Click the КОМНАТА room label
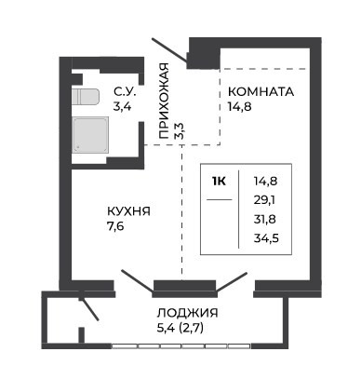[x=261, y=92]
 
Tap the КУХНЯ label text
[x=128, y=211]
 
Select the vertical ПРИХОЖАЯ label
[x=164, y=101]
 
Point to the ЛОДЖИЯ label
[x=187, y=313]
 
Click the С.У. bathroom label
[x=125, y=92]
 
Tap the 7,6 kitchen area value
[x=115, y=226]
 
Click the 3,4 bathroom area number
[x=122, y=107]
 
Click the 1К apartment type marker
[x=219, y=181]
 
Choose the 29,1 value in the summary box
[x=264, y=200]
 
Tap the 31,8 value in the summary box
[x=265, y=220]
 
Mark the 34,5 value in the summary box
[x=266, y=238]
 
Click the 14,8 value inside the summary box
[x=265, y=181]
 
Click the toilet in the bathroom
[x=86, y=97]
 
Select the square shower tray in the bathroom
[x=90, y=135]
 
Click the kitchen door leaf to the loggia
[x=138, y=281]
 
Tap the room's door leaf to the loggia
[x=232, y=282]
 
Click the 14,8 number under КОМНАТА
[x=239, y=107]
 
